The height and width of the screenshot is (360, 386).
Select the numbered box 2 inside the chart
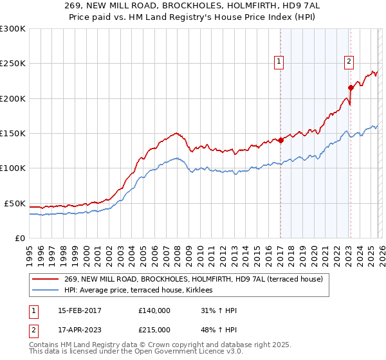349,62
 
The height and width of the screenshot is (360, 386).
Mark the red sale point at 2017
280,140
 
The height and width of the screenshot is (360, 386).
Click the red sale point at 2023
351,88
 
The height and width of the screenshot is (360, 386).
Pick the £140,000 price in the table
154,310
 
